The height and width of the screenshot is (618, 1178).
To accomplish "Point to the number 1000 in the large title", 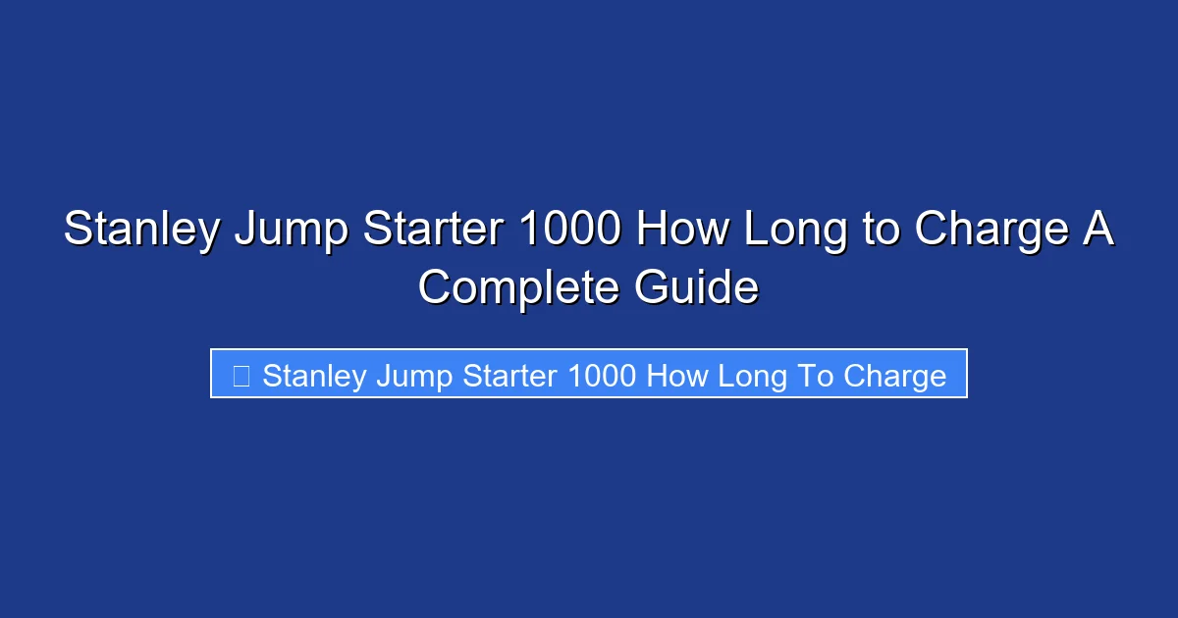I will point(568,232).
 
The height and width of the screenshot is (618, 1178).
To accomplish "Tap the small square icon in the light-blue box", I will point(241,375).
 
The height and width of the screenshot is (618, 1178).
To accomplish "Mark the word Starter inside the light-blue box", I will point(505,376).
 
